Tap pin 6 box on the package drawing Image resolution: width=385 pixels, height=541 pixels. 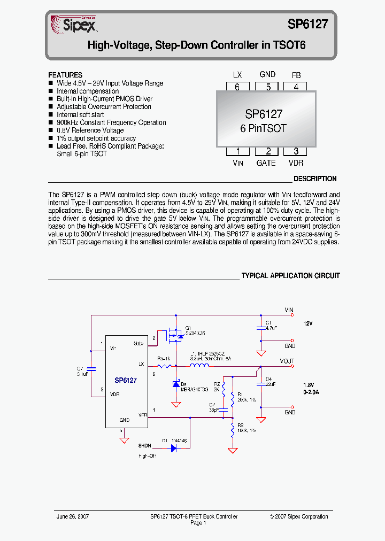tap(237, 87)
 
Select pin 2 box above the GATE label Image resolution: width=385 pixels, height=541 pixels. tap(266, 151)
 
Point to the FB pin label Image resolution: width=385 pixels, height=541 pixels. tap(296, 75)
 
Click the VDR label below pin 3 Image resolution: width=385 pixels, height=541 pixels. tap(296, 163)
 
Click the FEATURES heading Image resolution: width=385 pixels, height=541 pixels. tap(65, 75)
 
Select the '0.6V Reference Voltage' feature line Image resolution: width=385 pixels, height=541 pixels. tap(90, 130)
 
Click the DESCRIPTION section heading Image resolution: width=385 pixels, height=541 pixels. tap(315, 179)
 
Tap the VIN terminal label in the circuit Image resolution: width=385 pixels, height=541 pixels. tap(289, 310)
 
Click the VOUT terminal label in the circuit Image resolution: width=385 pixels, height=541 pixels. tap(287, 361)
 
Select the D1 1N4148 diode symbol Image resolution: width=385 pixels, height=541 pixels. tap(173, 448)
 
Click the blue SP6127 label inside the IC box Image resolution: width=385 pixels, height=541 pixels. tap(126, 381)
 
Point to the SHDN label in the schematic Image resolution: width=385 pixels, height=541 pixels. tap(144, 446)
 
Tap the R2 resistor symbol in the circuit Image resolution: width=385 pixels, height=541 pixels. tap(233, 429)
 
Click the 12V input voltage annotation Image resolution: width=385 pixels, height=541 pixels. tap(307, 324)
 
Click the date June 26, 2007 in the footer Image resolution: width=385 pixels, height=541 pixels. tap(73, 516)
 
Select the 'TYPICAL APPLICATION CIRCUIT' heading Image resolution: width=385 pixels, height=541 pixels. tap(290, 276)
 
